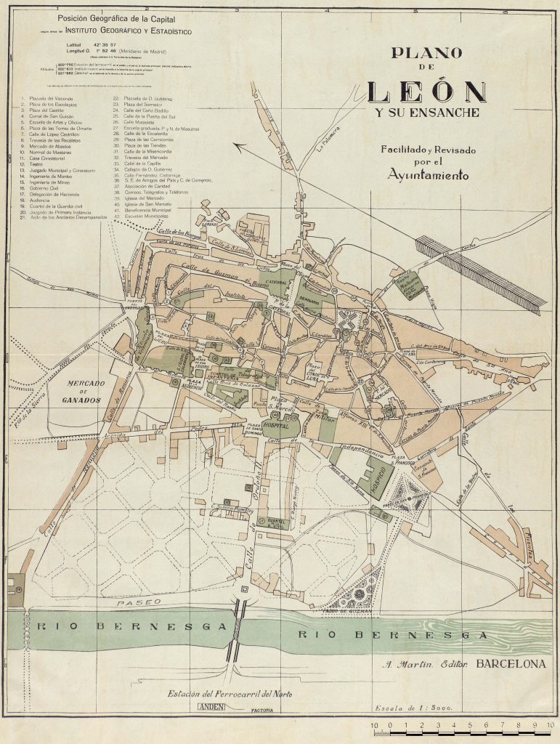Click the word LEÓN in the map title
click(426, 92)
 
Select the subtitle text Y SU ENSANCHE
click(427, 114)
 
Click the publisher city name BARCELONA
click(511, 663)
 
